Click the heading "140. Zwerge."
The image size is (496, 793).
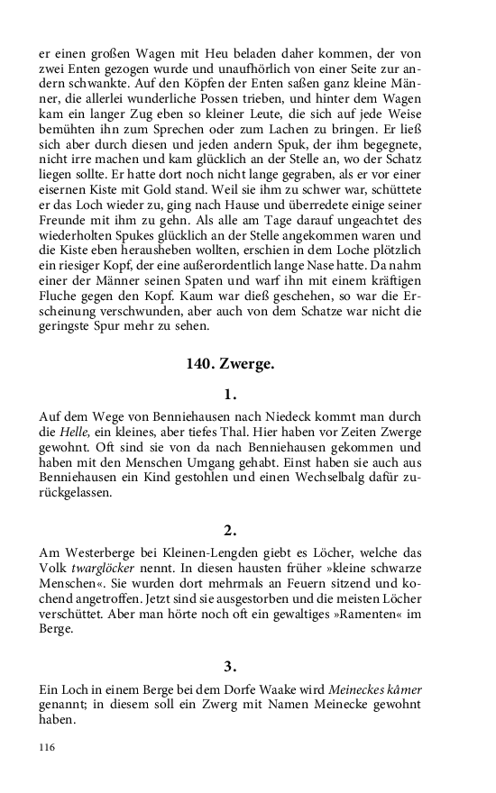(x=229, y=365)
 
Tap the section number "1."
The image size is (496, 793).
(x=229, y=394)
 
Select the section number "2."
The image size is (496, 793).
(x=229, y=530)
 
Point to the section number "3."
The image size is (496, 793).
(x=229, y=667)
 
